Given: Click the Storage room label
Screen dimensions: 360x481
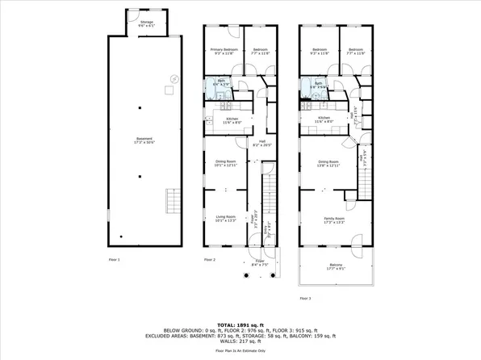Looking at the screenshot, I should [146, 23].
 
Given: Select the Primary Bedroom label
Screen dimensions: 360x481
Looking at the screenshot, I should [223, 52].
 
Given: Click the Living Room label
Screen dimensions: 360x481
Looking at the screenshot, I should [225, 218].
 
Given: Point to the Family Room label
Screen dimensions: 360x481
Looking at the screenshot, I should [334, 220].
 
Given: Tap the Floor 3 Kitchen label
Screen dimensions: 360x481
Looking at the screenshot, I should [324, 120].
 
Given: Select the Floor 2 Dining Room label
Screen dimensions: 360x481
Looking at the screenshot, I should [225, 163].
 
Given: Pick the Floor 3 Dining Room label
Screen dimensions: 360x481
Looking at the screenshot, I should [328, 163].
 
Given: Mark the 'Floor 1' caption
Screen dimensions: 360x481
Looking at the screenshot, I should [114, 259].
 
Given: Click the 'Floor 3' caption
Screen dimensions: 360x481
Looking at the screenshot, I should [305, 298].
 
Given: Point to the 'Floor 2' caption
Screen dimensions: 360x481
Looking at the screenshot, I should [209, 259].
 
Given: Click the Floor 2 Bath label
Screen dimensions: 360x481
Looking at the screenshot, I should [220, 82].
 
